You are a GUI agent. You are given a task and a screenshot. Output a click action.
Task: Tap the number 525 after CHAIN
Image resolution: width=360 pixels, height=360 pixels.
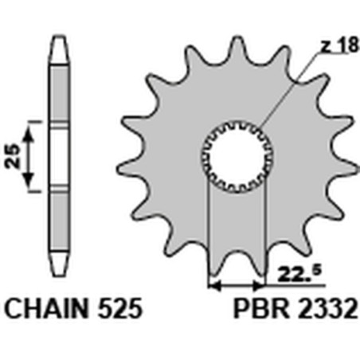tap(120, 307)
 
